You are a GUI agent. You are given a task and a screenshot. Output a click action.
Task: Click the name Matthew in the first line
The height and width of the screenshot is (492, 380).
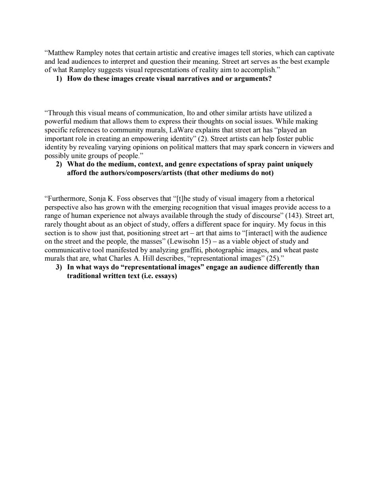pyautogui.click(x=60, y=53)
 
